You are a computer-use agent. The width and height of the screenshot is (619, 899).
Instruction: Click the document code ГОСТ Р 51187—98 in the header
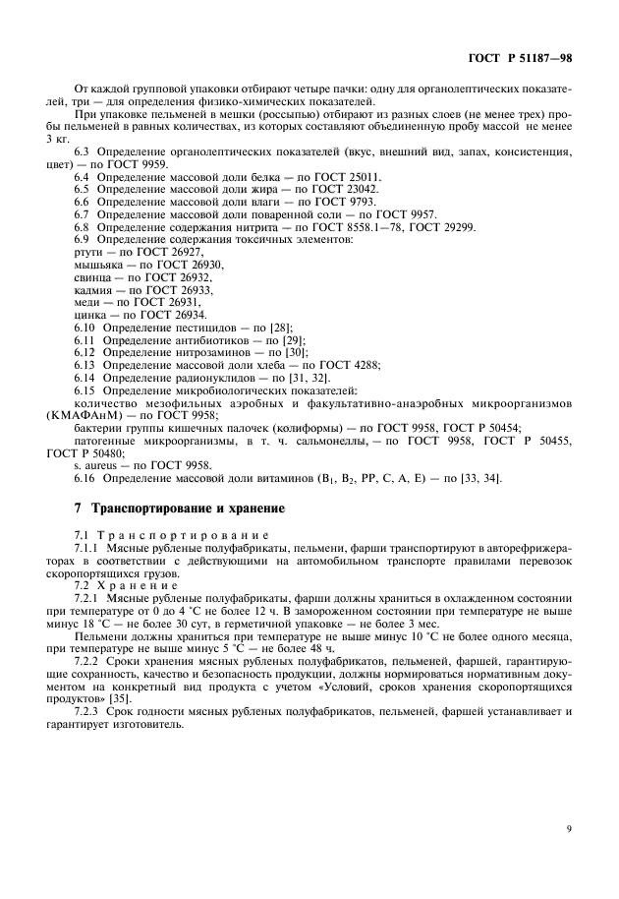[521, 58]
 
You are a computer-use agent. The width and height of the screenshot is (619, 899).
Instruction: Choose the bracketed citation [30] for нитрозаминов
[295, 352]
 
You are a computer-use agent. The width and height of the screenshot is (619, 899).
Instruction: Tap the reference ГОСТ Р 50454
[480, 428]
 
